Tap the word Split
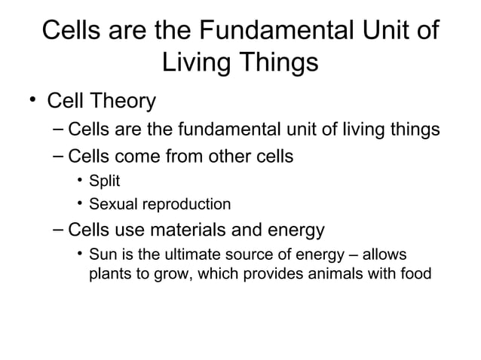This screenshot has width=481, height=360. pos(105,181)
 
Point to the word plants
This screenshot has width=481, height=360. pos(109,273)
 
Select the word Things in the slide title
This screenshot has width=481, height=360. pos(281,63)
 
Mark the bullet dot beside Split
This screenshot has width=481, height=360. pos(79,181)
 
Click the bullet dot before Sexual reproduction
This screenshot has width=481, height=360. pos(79,204)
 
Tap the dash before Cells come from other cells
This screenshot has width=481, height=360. pos(59,157)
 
